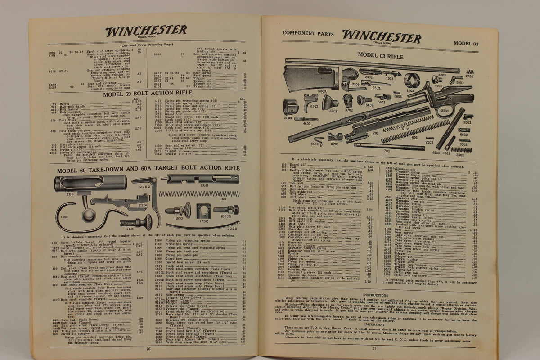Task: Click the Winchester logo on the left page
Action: point(146,31)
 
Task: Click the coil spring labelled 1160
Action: point(198,193)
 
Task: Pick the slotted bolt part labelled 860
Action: point(200,179)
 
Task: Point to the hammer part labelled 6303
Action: point(310,101)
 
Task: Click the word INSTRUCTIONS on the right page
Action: point(375,295)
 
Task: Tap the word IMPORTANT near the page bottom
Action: point(375,324)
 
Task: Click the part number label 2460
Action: point(145,186)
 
